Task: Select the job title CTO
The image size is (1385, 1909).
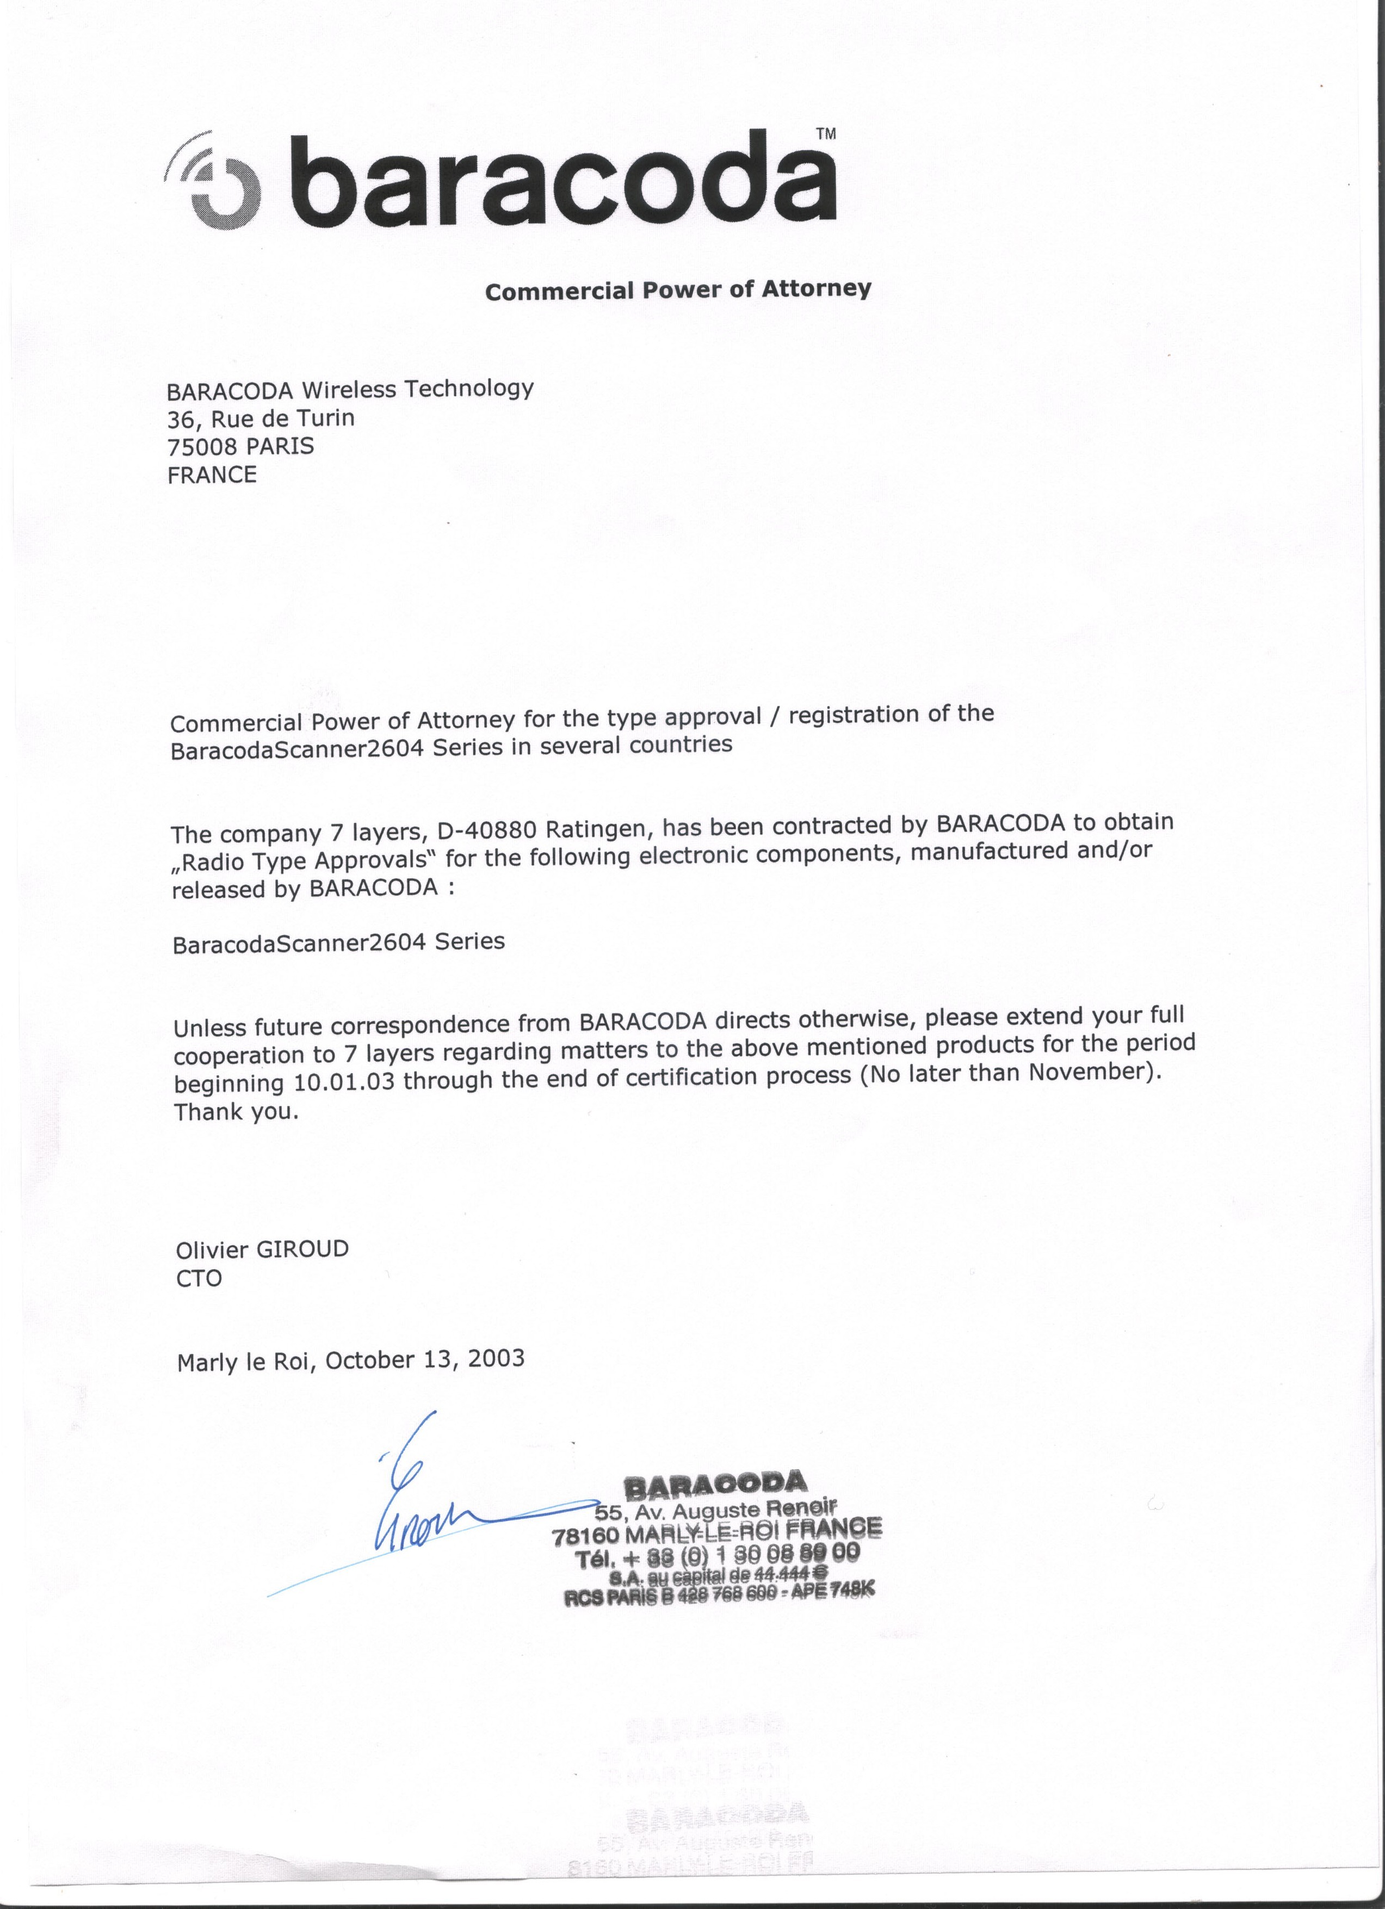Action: point(200,1278)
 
